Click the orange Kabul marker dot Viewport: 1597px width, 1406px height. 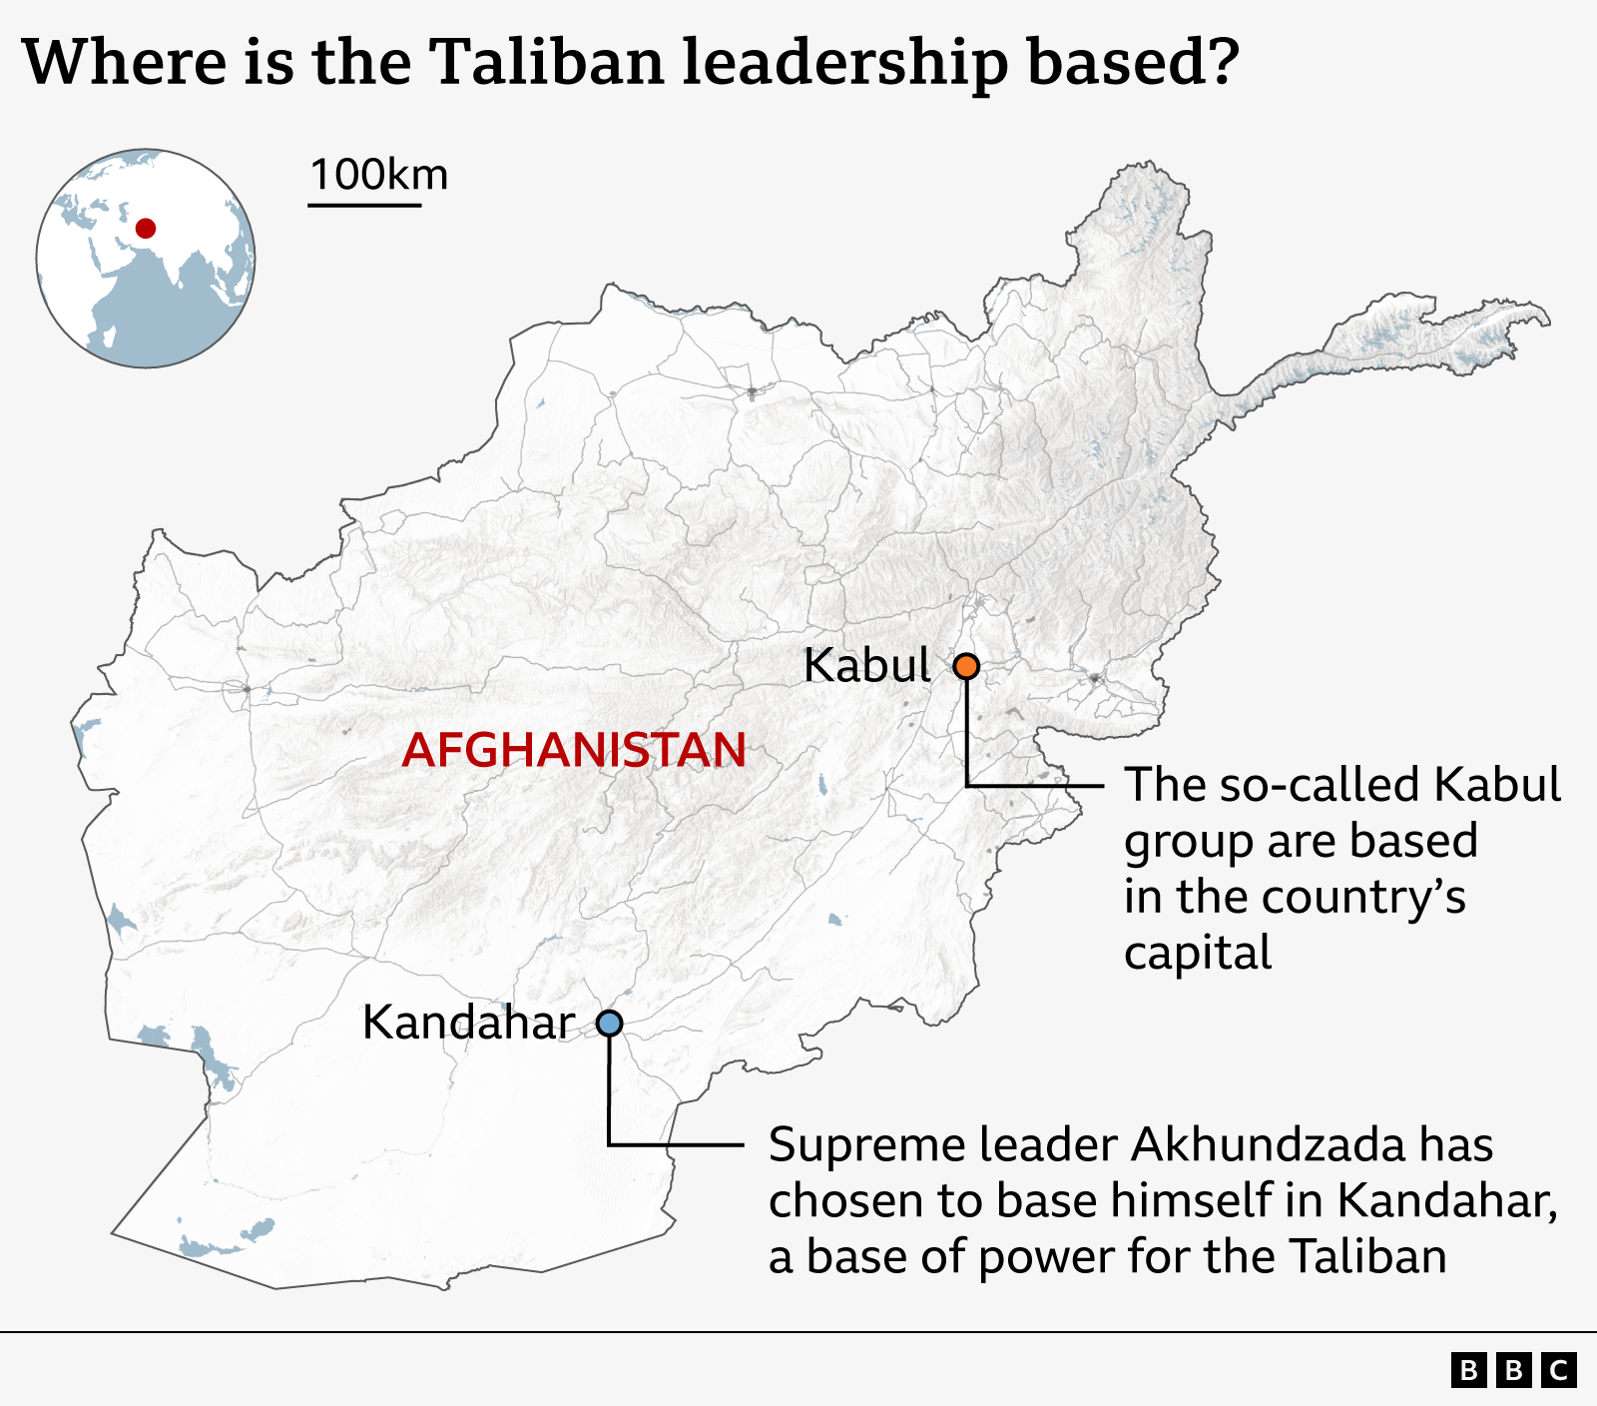pyautogui.click(x=966, y=666)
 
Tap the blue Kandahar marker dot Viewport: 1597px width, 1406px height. pyautogui.click(x=609, y=1024)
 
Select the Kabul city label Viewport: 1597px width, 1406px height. pyautogui.click(x=866, y=666)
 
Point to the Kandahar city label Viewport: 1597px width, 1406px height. pyautogui.click(x=468, y=1023)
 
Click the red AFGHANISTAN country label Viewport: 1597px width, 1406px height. pyautogui.click(x=574, y=750)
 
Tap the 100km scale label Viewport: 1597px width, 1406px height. pyautogui.click(x=378, y=175)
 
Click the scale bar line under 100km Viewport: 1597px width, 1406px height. pyautogui.click(x=364, y=206)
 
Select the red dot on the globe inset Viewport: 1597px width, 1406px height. pyautogui.click(x=146, y=229)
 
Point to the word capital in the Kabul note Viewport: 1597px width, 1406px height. pyautogui.click(x=1198, y=953)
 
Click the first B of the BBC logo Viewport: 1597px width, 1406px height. pyautogui.click(x=1468, y=1370)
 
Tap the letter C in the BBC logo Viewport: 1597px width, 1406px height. pyautogui.click(x=1559, y=1370)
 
